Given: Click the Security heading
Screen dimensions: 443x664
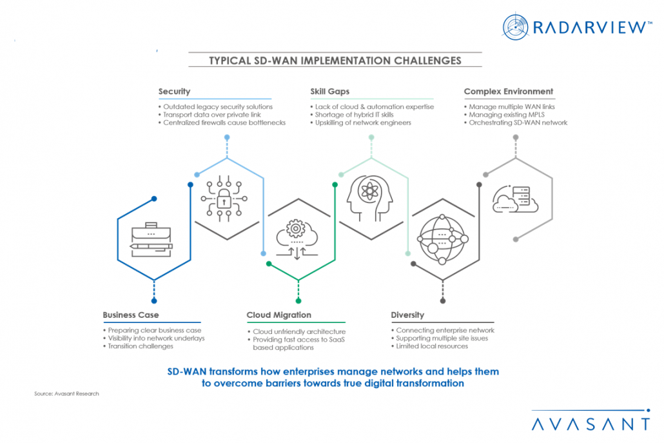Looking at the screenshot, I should click(x=174, y=92).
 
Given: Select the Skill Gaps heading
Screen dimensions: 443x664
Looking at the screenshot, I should click(x=329, y=92).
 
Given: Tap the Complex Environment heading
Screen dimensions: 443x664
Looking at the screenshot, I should click(x=508, y=92).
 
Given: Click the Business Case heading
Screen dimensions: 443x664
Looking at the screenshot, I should click(x=130, y=315).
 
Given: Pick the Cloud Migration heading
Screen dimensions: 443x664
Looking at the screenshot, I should click(x=278, y=315).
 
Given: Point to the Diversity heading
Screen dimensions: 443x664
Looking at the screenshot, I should click(x=407, y=315).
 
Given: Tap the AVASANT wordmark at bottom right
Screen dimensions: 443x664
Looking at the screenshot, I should click(x=591, y=424).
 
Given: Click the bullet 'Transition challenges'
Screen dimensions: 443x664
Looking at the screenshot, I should click(x=140, y=346).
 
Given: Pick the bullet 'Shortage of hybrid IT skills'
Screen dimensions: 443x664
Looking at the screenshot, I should click(x=354, y=115).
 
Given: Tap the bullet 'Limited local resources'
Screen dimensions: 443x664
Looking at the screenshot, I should click(x=431, y=346).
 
